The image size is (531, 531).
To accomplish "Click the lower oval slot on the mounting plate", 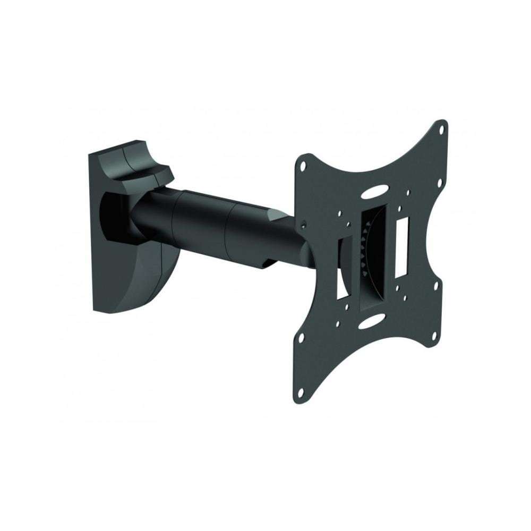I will pos(372,321).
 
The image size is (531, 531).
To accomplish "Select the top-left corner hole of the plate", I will pos(303,165).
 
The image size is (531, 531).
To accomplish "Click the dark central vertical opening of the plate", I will pos(372,260).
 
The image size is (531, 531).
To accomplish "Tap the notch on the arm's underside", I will pos(267,263).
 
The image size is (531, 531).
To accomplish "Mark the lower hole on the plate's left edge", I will pos(301,337).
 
